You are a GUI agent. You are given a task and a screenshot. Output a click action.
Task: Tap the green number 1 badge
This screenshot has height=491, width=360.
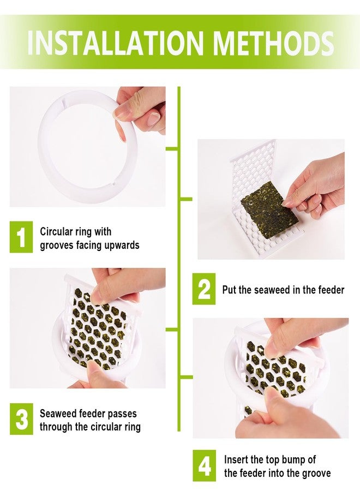(x=21, y=237)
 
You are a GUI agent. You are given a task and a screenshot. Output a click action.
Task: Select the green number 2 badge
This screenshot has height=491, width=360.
(x=204, y=289)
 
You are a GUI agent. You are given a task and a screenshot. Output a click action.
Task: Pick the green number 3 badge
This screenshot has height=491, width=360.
(x=21, y=418)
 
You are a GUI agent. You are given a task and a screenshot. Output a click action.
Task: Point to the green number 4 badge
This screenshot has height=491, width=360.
(x=204, y=466)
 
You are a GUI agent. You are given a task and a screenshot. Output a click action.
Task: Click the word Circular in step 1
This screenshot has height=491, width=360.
(x=56, y=231)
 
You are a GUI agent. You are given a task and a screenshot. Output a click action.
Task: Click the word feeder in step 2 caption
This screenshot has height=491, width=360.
(x=331, y=290)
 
